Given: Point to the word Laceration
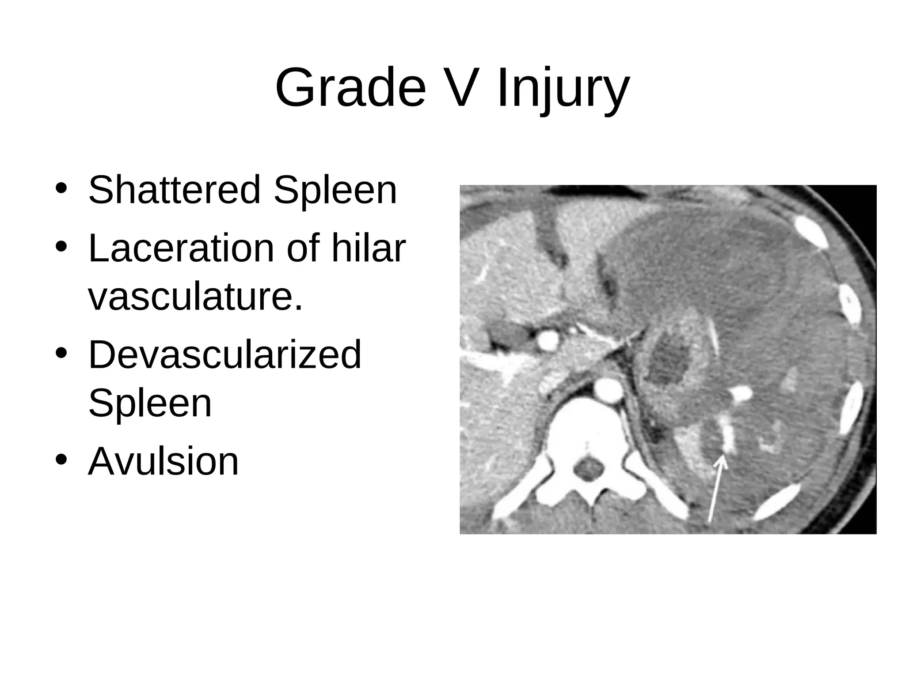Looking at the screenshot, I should tap(181, 248).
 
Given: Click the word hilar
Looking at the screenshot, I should tap(368, 248).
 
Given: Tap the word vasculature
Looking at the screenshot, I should tap(195, 296).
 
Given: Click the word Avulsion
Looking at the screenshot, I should tap(164, 461).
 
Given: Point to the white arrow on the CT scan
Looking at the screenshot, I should tap(715, 490).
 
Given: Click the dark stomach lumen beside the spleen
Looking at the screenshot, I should tap(669, 360).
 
